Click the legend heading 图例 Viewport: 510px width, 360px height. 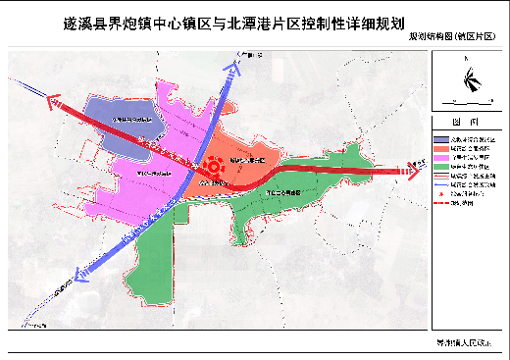pyautogui.click(x=467, y=121)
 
